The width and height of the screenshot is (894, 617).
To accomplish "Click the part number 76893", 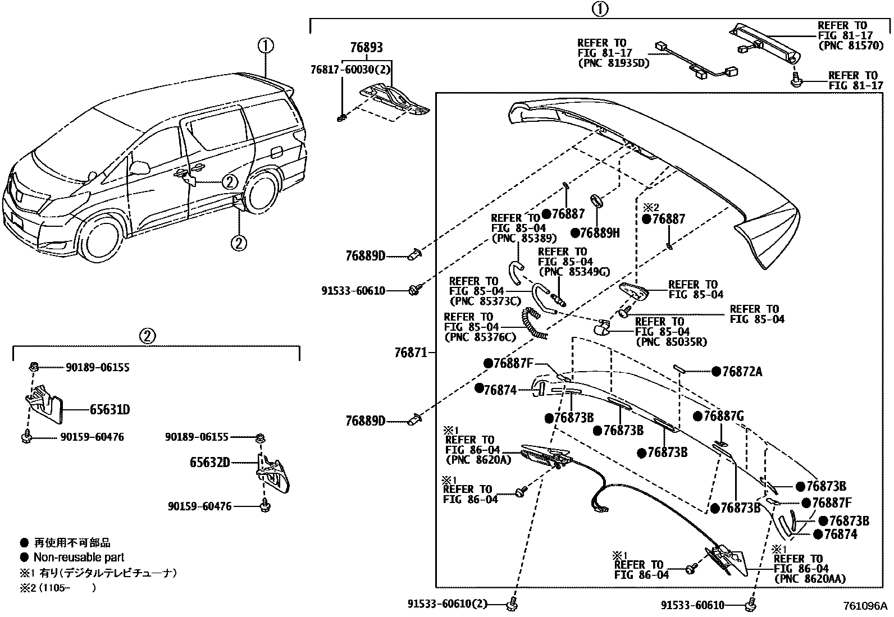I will click(366, 48).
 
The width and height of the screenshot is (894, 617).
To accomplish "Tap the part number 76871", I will click(412, 353).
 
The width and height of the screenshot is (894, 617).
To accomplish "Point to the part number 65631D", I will click(110, 409).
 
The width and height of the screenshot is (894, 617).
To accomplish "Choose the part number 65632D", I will click(210, 463).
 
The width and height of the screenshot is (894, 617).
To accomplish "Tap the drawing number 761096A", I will click(864, 606).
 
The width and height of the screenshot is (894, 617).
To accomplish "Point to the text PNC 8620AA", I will click(809, 579).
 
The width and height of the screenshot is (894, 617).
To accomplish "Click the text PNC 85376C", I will click(480, 337).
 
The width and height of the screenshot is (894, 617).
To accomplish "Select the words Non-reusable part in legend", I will click(79, 557).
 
